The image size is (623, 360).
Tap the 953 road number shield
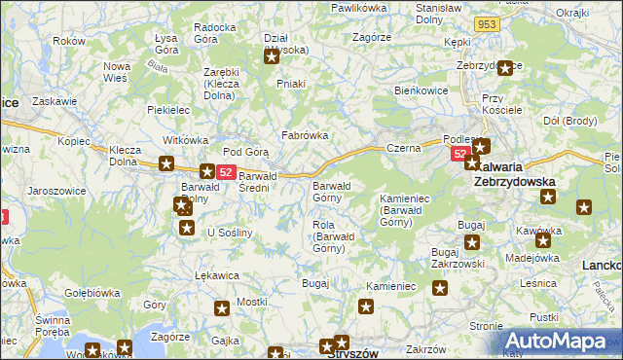(489, 22)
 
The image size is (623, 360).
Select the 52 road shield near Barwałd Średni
(225, 172)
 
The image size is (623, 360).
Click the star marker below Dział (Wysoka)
(272, 56)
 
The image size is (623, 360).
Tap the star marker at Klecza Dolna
(166, 164)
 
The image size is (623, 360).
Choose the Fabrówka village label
(305, 136)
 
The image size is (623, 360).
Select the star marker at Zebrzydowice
(505, 68)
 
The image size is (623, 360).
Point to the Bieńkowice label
(421, 89)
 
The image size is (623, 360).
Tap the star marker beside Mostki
(222, 308)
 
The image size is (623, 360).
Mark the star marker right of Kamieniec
(440, 288)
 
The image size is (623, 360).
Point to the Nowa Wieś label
(118, 73)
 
